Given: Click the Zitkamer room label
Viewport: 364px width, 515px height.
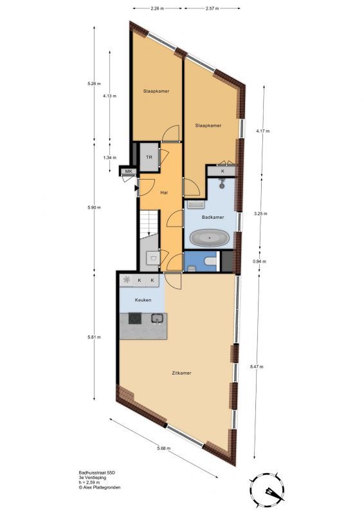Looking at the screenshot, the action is click(x=181, y=373).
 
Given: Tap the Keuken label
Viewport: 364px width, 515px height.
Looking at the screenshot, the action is click(x=143, y=300).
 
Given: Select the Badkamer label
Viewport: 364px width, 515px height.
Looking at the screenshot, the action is click(x=213, y=217).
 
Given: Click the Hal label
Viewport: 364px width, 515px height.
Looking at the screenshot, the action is click(x=164, y=192).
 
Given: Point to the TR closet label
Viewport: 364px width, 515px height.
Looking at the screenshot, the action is click(x=149, y=157).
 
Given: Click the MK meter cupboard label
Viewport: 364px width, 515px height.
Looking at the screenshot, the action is click(x=129, y=171).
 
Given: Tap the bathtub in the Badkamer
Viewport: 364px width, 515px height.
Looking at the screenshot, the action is click(x=210, y=238).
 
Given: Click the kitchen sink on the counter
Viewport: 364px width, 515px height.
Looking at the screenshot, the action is click(x=158, y=318).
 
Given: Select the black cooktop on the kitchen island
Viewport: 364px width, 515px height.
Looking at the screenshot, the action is click(x=135, y=318).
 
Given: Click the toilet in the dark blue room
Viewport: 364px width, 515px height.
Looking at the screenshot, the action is click(x=211, y=261).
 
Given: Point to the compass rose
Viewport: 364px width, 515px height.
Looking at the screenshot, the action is click(x=267, y=489).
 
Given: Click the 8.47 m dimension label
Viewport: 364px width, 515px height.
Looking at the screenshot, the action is click(x=257, y=366).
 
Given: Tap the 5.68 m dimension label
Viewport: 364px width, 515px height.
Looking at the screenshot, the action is click(x=164, y=448).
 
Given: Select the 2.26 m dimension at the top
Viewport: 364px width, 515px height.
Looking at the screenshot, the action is click(x=157, y=8).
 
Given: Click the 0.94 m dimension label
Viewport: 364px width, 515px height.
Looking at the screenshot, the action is click(x=259, y=261).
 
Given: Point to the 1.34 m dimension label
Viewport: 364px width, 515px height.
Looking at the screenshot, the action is click(x=109, y=158).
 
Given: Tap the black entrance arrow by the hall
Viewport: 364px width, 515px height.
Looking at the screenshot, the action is click(x=136, y=188).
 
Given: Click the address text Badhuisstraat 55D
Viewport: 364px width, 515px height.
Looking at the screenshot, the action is click(x=97, y=473).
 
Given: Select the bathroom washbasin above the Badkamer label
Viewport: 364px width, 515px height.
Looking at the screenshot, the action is click(x=196, y=205).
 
